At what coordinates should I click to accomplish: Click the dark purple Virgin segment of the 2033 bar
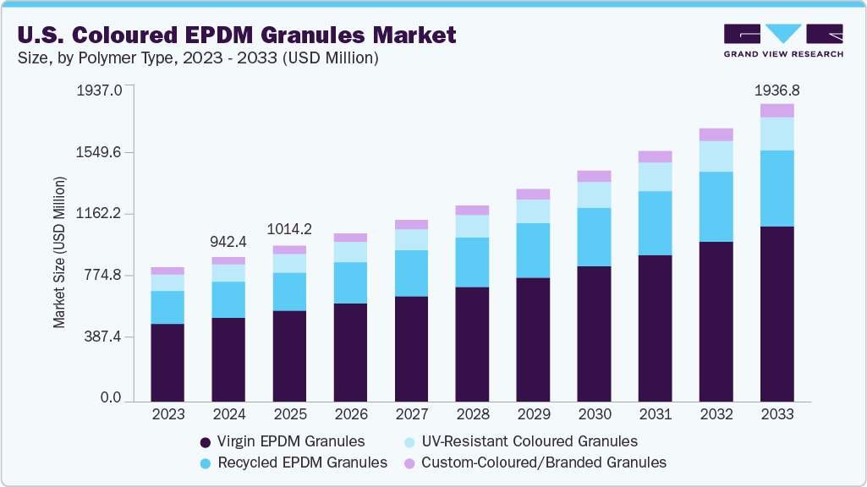(x=776, y=313)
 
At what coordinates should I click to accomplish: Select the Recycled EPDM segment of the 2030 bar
(x=594, y=237)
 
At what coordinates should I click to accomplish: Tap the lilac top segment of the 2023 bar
(x=167, y=271)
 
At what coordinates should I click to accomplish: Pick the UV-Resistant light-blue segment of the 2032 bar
(x=716, y=156)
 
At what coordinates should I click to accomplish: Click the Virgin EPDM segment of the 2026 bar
(x=350, y=351)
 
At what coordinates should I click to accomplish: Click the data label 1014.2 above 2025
(x=289, y=229)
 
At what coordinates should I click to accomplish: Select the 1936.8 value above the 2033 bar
(x=776, y=90)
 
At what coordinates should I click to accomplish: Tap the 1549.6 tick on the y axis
(x=101, y=152)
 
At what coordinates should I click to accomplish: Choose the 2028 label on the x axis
(x=472, y=415)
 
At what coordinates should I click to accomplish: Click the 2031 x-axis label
(x=655, y=415)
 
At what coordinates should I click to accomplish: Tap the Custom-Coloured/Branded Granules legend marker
(x=409, y=463)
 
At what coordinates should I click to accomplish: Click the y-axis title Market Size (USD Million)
(x=59, y=252)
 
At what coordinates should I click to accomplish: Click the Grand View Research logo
(x=782, y=40)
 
